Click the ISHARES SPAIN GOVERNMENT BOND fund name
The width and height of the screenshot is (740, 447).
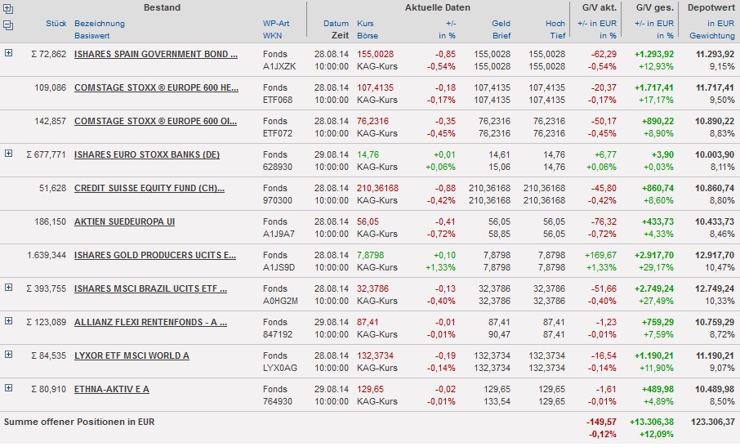[156, 54]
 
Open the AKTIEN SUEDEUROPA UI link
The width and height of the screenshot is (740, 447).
[124, 221]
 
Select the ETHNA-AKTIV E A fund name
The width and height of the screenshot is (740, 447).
[112, 389]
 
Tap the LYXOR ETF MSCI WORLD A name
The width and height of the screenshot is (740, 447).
[132, 355]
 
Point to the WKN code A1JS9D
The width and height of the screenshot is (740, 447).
[276, 267]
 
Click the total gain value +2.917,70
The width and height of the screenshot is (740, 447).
[653, 255]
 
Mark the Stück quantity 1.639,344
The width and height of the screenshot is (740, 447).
[47, 255]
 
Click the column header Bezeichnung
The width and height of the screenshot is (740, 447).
[100, 24]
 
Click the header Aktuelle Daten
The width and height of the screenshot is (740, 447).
[437, 7]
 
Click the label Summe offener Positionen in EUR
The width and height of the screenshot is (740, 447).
[79, 422]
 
